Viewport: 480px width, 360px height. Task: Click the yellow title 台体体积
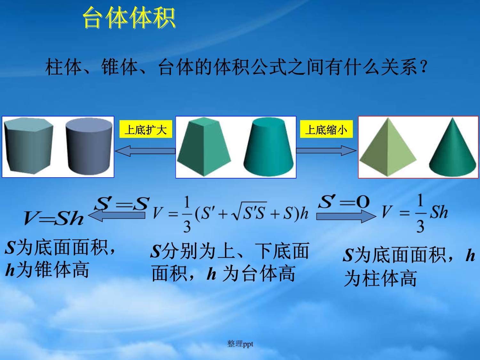click(129, 18)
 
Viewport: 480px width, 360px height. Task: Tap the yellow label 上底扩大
click(146, 129)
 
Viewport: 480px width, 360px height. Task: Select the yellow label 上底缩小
click(326, 129)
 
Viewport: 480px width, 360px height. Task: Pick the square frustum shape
click(204, 147)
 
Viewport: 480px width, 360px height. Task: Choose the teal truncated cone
click(268, 147)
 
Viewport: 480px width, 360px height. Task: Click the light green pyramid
click(388, 147)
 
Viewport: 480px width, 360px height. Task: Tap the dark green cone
click(452, 147)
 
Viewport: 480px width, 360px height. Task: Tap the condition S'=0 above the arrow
click(344, 202)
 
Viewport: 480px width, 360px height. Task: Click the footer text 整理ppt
click(240, 344)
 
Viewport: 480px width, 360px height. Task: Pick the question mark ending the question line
click(424, 67)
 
